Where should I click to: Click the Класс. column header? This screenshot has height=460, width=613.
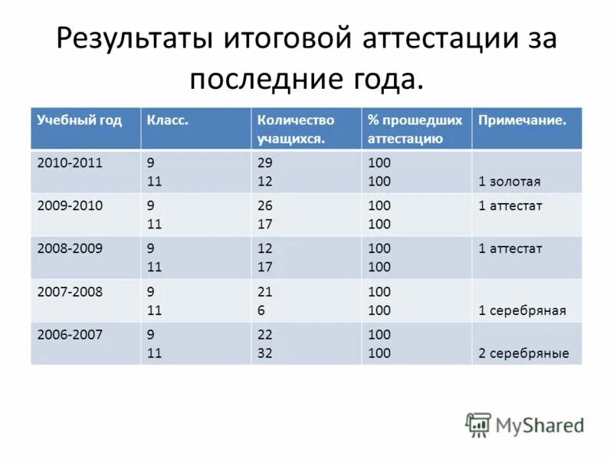point(168,120)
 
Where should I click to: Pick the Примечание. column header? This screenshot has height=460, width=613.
point(523,120)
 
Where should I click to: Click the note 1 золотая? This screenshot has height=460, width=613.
point(510,182)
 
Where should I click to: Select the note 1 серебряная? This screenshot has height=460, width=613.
point(522,310)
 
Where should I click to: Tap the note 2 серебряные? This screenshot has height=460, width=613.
point(523,353)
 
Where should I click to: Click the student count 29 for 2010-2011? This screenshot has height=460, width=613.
point(265,163)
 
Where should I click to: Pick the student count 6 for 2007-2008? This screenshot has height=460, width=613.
point(261,310)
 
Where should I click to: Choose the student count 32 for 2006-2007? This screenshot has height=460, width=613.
point(265,353)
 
